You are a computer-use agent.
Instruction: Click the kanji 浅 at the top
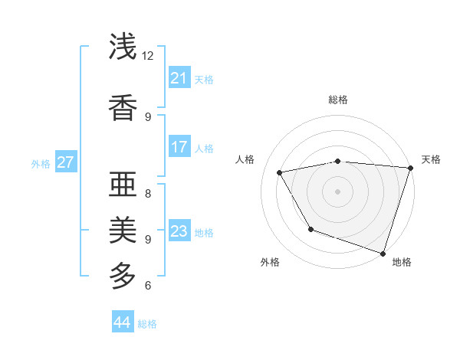[123, 47]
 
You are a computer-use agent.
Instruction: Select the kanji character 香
[123, 107]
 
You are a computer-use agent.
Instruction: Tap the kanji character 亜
[123, 184]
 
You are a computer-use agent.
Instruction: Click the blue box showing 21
[179, 78]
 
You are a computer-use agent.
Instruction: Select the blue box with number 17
[179, 147]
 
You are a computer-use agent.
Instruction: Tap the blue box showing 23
[179, 231]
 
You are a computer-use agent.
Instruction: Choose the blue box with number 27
[66, 162]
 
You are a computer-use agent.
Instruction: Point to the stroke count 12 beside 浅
[148, 56]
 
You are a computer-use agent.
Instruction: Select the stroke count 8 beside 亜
[148, 193]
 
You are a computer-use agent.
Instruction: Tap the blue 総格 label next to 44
[147, 324]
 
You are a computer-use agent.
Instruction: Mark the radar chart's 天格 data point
[410, 168]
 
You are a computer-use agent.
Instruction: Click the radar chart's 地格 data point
[383, 253]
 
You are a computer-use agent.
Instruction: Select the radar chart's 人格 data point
[280, 172]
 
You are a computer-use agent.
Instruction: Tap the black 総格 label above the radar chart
[337, 100]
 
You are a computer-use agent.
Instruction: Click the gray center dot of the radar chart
[337, 191]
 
